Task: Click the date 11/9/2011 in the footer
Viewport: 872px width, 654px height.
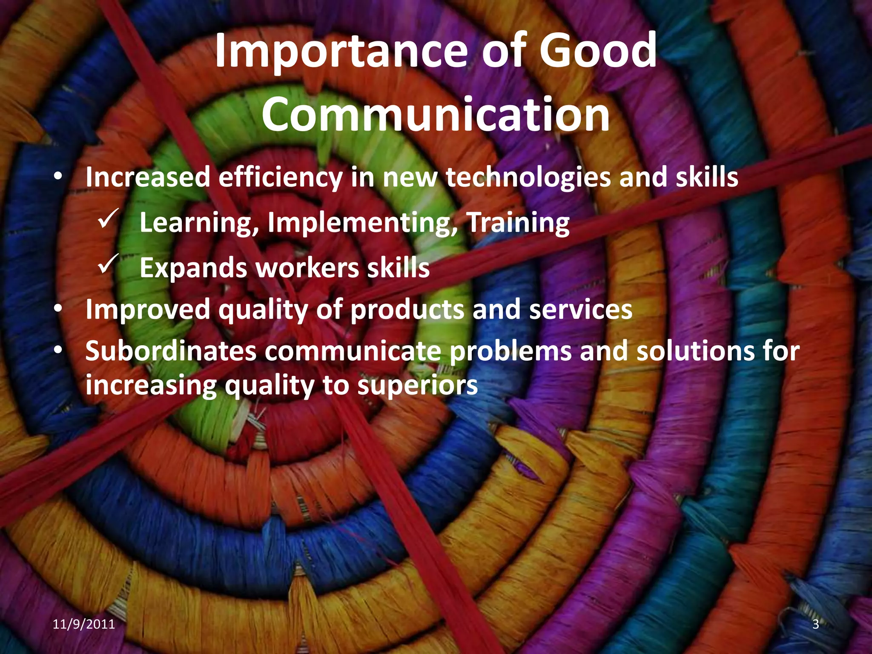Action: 84,624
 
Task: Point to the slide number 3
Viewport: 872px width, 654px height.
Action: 815,624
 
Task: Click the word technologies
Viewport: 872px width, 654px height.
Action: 528,178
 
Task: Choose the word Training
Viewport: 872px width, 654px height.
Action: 518,223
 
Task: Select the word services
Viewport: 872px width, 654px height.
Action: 580,310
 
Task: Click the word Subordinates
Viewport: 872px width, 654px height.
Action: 171,351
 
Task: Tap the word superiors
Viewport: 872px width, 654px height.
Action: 417,386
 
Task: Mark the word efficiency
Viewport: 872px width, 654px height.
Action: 280,178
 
